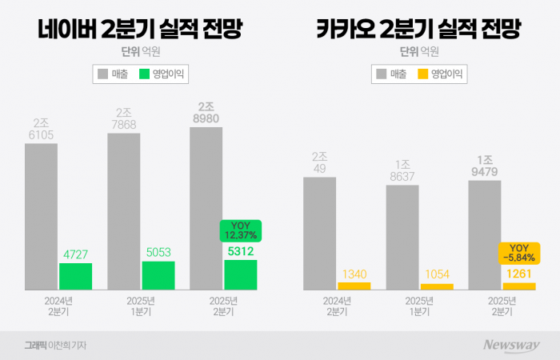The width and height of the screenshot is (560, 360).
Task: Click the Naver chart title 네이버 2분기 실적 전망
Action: click(140, 30)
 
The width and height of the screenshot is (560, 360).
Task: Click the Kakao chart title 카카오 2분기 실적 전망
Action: click(418, 30)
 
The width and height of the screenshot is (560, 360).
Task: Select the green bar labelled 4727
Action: click(75, 276)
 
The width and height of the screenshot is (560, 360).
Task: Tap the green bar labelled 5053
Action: click(158, 275)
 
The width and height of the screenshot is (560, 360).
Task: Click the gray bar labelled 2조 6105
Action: click(41, 216)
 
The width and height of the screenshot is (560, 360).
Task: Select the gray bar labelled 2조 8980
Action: click(206, 208)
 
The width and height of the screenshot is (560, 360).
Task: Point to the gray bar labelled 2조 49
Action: click(319, 233)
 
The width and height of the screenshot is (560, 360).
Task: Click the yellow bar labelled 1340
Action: click(354, 286)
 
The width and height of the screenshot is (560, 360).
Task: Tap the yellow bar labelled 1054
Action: click(436, 286)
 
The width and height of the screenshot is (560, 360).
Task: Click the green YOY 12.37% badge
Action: click(241, 230)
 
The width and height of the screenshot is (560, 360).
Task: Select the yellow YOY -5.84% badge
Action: click(518, 253)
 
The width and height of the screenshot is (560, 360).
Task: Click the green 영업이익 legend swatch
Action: click(145, 74)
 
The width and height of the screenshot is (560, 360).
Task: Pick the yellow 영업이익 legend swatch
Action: click(422, 74)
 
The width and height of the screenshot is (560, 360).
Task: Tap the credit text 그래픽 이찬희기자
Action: click(55, 345)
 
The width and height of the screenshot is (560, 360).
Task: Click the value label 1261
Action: click(518, 274)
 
